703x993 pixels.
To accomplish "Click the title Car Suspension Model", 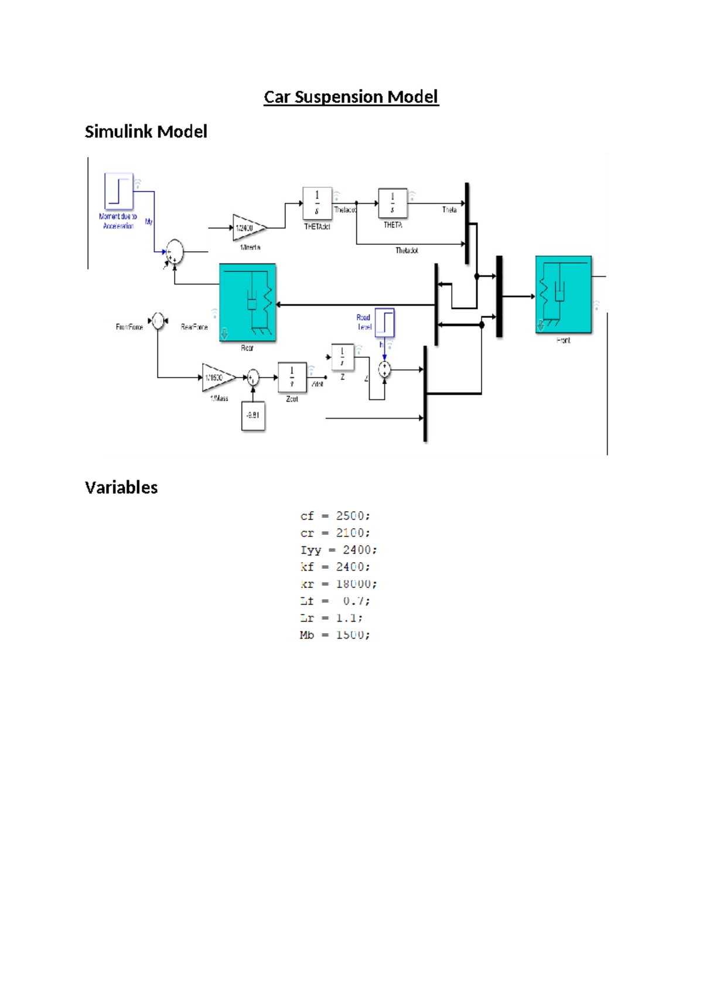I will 351,97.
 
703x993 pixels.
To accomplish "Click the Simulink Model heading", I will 146,131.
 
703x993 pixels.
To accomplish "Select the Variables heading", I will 121,487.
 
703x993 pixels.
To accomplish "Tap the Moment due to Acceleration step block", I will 118,191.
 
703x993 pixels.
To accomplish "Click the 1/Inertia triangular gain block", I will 247,228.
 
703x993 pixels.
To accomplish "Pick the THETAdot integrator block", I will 317,203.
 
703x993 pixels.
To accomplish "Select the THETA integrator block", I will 393,203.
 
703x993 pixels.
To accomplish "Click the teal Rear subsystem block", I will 247,302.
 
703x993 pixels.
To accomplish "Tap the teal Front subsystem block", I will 563,295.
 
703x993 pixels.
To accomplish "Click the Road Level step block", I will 385,323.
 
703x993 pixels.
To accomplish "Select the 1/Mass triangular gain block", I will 216,378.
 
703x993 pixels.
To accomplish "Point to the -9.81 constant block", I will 253,416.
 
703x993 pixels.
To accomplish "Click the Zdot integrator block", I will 292,378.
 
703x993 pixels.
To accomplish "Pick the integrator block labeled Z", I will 342,357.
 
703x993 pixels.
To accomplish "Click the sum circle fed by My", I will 174,252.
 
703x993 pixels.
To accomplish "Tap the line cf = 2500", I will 335,516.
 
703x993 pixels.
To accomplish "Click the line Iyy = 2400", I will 339,550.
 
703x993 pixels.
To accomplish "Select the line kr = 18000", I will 339,584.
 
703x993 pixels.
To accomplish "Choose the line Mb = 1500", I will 335,635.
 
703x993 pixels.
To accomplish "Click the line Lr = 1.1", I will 332,618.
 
